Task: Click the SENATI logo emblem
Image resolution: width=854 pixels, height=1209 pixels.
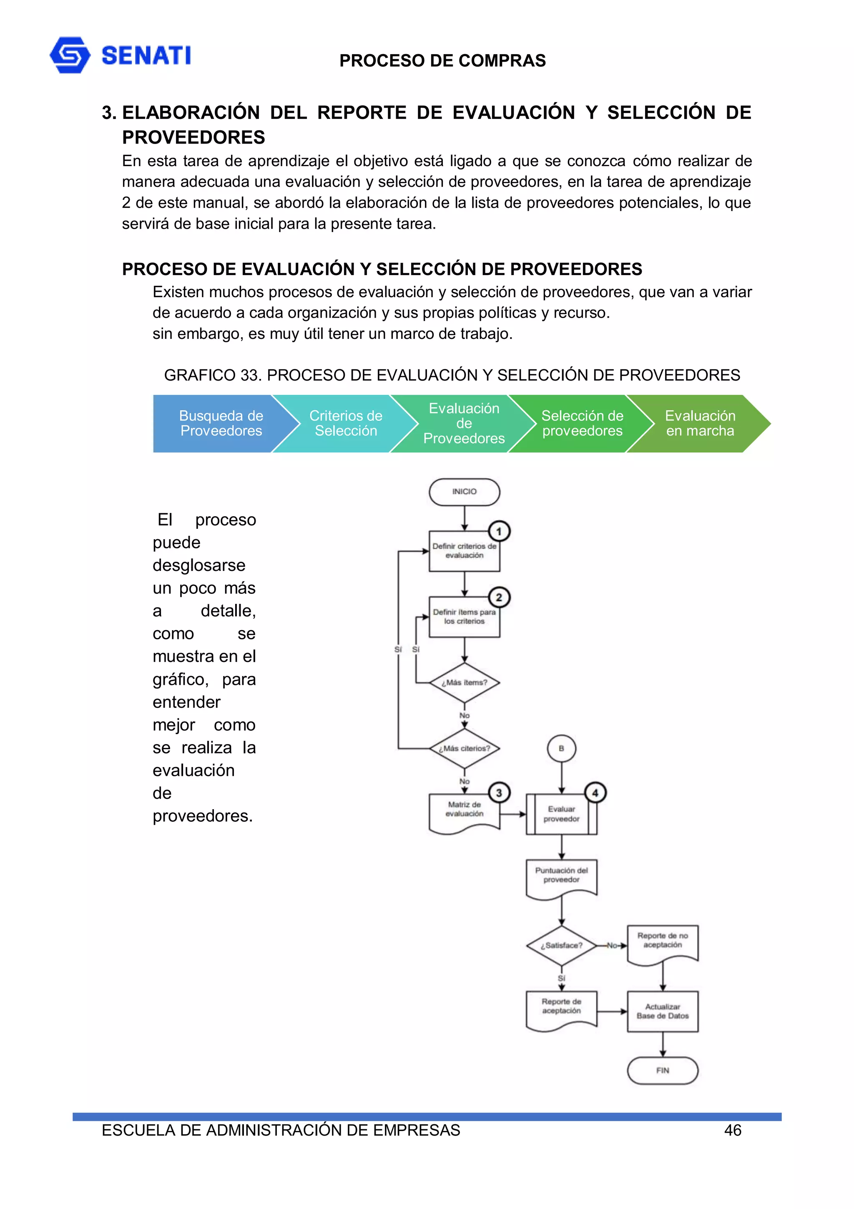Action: [70, 55]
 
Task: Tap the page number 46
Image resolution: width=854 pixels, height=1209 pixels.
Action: [733, 1130]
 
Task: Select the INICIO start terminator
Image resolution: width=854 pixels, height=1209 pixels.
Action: [464, 492]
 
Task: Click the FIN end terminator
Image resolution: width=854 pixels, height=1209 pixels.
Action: [663, 1070]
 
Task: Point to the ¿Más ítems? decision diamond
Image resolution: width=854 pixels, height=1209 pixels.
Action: [464, 682]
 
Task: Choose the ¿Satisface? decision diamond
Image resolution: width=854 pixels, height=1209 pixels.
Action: [561, 945]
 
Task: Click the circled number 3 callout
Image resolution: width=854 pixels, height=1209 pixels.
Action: [499, 793]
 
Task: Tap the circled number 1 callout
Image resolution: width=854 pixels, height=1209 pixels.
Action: [499, 531]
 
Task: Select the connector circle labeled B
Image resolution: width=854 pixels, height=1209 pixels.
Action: [561, 748]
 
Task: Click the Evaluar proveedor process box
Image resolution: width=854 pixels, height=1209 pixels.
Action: [561, 814]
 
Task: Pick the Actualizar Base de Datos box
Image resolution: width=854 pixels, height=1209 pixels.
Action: [663, 1011]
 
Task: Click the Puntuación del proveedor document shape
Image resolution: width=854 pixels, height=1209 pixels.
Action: [561, 877]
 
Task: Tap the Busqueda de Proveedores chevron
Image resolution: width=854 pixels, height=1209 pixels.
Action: [221, 423]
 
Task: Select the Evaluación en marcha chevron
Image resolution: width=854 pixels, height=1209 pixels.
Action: [700, 423]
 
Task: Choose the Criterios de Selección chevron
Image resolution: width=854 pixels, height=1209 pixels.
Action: [346, 423]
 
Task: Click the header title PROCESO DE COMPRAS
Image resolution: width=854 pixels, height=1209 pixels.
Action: [442, 61]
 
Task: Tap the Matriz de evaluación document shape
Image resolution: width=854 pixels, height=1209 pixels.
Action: [464, 811]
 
